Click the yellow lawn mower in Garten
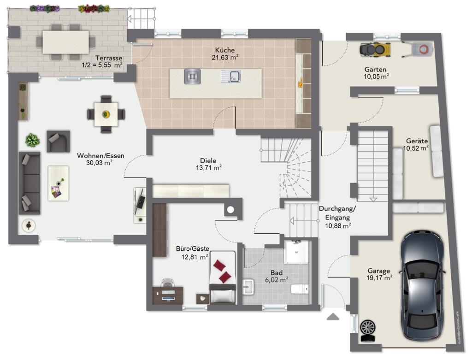[375, 49]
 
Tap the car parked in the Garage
[422, 285]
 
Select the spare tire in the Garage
[367, 330]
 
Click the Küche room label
[225, 50]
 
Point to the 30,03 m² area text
[100, 163]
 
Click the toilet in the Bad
[300, 289]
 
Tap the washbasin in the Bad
[248, 287]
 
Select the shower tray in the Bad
[296, 252]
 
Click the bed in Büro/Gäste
[223, 277]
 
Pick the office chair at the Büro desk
[167, 283]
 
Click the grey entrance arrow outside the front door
[333, 316]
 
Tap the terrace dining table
[65, 42]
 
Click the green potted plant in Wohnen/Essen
[33, 140]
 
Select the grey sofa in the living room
[29, 183]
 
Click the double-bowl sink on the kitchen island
[231, 76]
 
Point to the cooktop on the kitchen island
[192, 76]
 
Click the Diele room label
[208, 161]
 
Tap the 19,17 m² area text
[379, 278]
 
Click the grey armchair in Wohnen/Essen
[59, 141]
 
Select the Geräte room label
[417, 141]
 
